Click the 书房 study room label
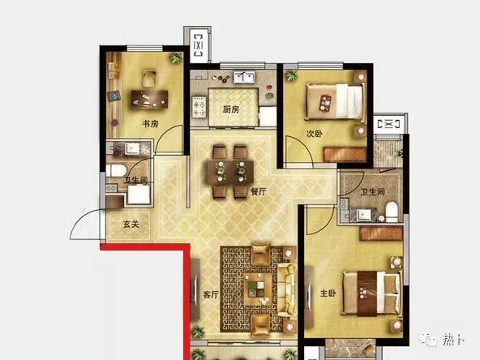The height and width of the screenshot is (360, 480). (151, 124)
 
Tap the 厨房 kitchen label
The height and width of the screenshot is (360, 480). (231, 109)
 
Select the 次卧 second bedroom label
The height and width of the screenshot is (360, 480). (315, 134)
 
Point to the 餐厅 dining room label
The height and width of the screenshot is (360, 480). (259, 191)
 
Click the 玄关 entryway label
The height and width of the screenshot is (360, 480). (131, 225)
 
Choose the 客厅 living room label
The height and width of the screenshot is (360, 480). (211, 294)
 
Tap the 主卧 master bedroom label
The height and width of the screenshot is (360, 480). (328, 294)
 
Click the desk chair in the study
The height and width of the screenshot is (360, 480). (149, 79)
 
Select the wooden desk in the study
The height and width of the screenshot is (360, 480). (149, 99)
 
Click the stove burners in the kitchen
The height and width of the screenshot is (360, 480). (199, 107)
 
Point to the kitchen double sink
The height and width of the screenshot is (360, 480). (244, 77)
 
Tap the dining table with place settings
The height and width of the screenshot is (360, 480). (230, 173)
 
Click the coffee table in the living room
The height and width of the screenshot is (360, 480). (258, 289)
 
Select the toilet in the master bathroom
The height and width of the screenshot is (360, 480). (392, 212)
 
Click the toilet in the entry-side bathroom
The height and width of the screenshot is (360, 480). (116, 170)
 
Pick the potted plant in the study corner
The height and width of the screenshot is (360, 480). (176, 58)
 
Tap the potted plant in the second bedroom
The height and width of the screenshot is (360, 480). (291, 75)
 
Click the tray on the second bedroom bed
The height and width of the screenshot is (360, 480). (325, 103)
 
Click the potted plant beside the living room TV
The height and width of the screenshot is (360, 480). (198, 332)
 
